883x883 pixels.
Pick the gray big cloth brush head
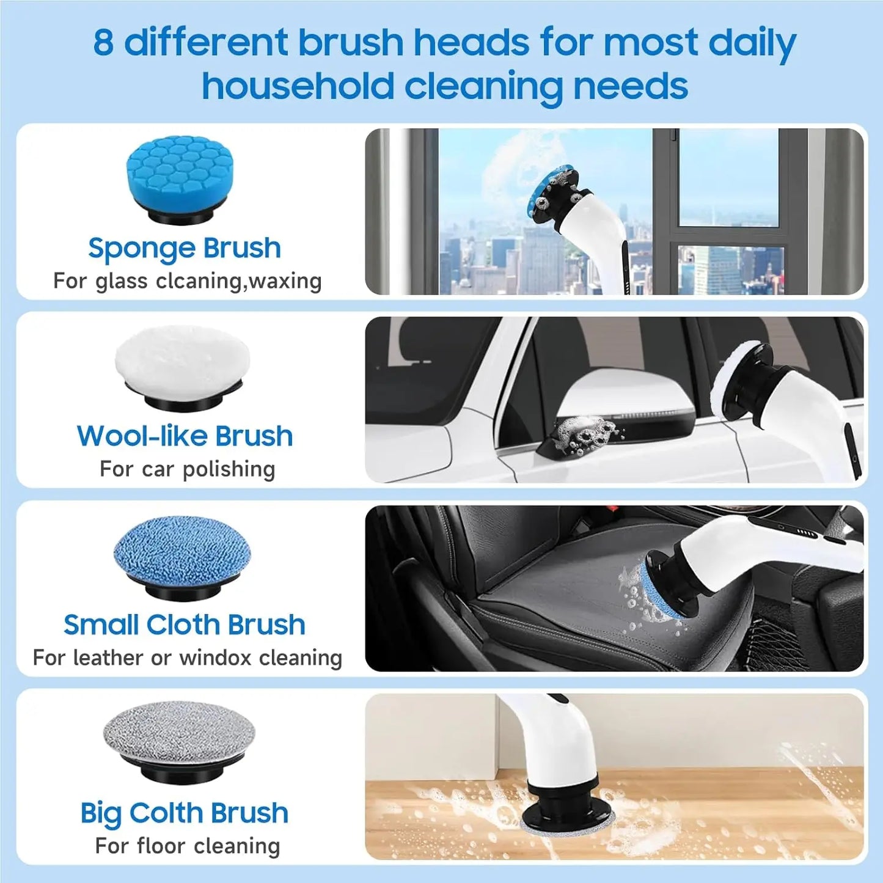pyautogui.click(x=179, y=733)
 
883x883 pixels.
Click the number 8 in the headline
pyautogui.click(x=104, y=43)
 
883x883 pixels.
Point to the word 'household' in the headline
pyautogui.click(x=298, y=86)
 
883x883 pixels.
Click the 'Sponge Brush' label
pyautogui.click(x=184, y=248)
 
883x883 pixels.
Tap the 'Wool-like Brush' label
pyautogui.click(x=185, y=436)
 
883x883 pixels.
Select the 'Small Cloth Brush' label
pyautogui.click(x=185, y=625)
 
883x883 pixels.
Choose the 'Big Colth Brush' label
pyautogui.click(x=185, y=813)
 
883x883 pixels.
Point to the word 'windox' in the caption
pyautogui.click(x=216, y=658)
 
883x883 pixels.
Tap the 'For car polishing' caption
pyautogui.click(x=187, y=469)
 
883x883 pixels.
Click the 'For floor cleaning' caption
pyautogui.click(x=187, y=846)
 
